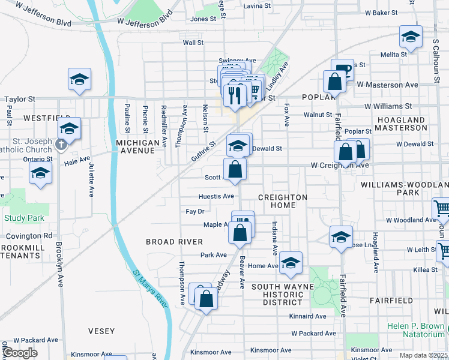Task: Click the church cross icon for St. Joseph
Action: [x=60, y=144]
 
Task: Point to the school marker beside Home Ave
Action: [x=291, y=263]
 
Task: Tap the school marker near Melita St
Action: [x=411, y=37]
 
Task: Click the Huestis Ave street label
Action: [x=216, y=196]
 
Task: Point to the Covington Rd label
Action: [x=30, y=236]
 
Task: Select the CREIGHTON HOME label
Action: [x=283, y=201]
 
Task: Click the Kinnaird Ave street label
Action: [x=307, y=316]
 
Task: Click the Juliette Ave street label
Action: [x=91, y=179]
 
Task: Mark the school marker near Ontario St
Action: [x=40, y=173]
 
